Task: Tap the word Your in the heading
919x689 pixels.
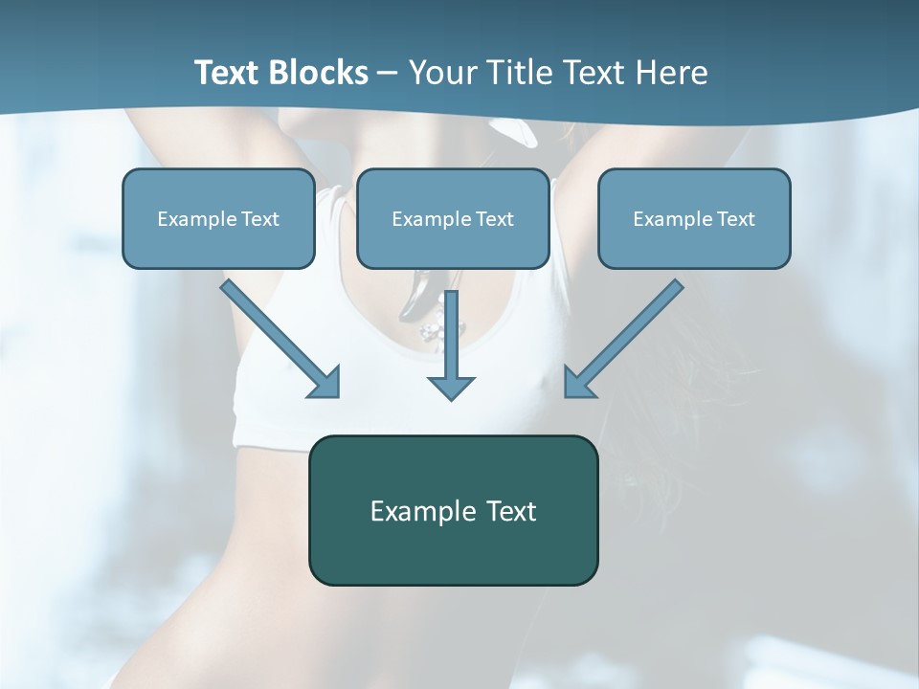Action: tap(441, 73)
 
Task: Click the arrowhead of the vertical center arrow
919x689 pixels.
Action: tap(451, 387)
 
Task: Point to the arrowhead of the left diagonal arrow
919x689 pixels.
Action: tap(325, 383)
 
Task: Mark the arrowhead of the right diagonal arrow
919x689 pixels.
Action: tap(578, 383)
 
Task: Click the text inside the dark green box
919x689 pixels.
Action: tap(453, 511)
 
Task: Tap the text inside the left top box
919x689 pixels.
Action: tap(218, 219)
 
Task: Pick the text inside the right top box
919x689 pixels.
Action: tap(694, 219)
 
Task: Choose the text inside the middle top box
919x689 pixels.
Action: tap(453, 219)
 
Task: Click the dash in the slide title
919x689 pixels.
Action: tap(389, 73)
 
